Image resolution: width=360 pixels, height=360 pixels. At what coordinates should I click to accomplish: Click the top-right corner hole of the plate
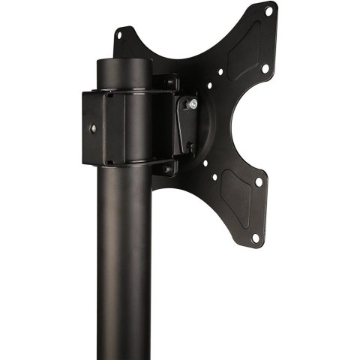[268, 10]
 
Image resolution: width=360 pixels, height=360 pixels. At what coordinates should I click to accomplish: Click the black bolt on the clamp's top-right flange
[171, 82]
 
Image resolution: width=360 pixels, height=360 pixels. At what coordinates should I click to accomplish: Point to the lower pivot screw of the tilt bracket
[190, 145]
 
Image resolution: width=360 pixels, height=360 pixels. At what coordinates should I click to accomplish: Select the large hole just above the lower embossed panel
[258, 181]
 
